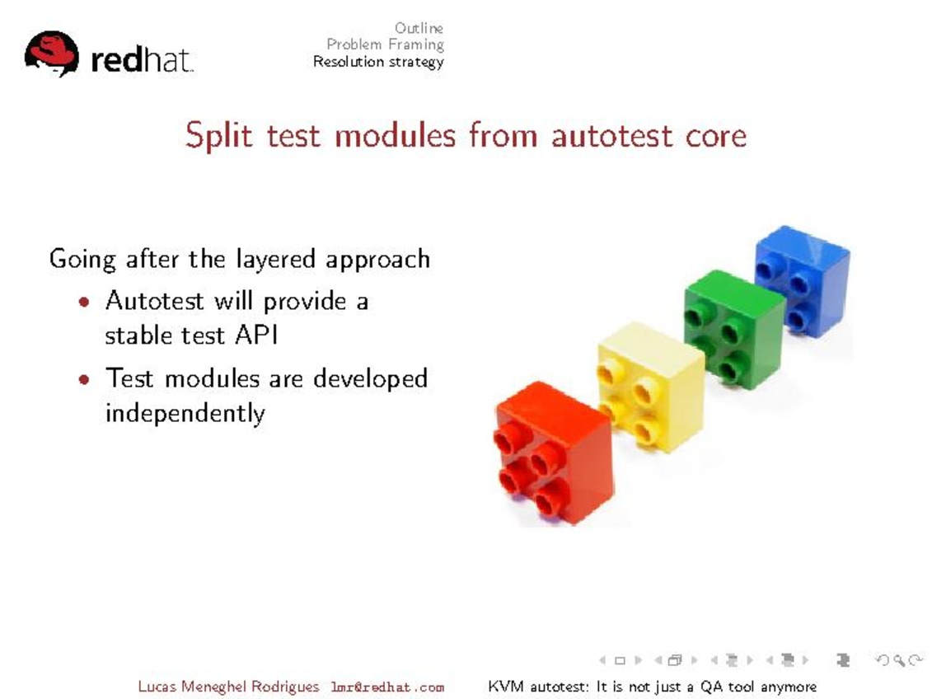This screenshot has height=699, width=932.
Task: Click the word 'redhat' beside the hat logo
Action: [142, 59]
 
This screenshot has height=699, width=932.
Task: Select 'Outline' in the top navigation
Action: [419, 28]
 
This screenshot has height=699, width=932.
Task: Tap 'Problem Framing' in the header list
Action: [385, 45]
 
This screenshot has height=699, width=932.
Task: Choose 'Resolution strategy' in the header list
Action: [378, 62]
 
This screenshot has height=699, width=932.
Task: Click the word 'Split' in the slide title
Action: [218, 135]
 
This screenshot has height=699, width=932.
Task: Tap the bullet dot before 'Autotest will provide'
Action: [84, 302]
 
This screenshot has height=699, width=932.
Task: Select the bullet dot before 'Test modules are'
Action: [84, 378]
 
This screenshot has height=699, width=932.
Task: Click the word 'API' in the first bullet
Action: [256, 335]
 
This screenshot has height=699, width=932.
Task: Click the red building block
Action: [554, 453]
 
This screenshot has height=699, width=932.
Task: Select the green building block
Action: [734, 330]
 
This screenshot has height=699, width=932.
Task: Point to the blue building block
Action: [802, 280]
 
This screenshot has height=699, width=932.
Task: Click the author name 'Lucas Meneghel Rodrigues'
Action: [228, 687]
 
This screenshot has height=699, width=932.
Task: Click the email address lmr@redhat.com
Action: [387, 687]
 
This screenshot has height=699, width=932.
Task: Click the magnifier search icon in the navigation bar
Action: [899, 659]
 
